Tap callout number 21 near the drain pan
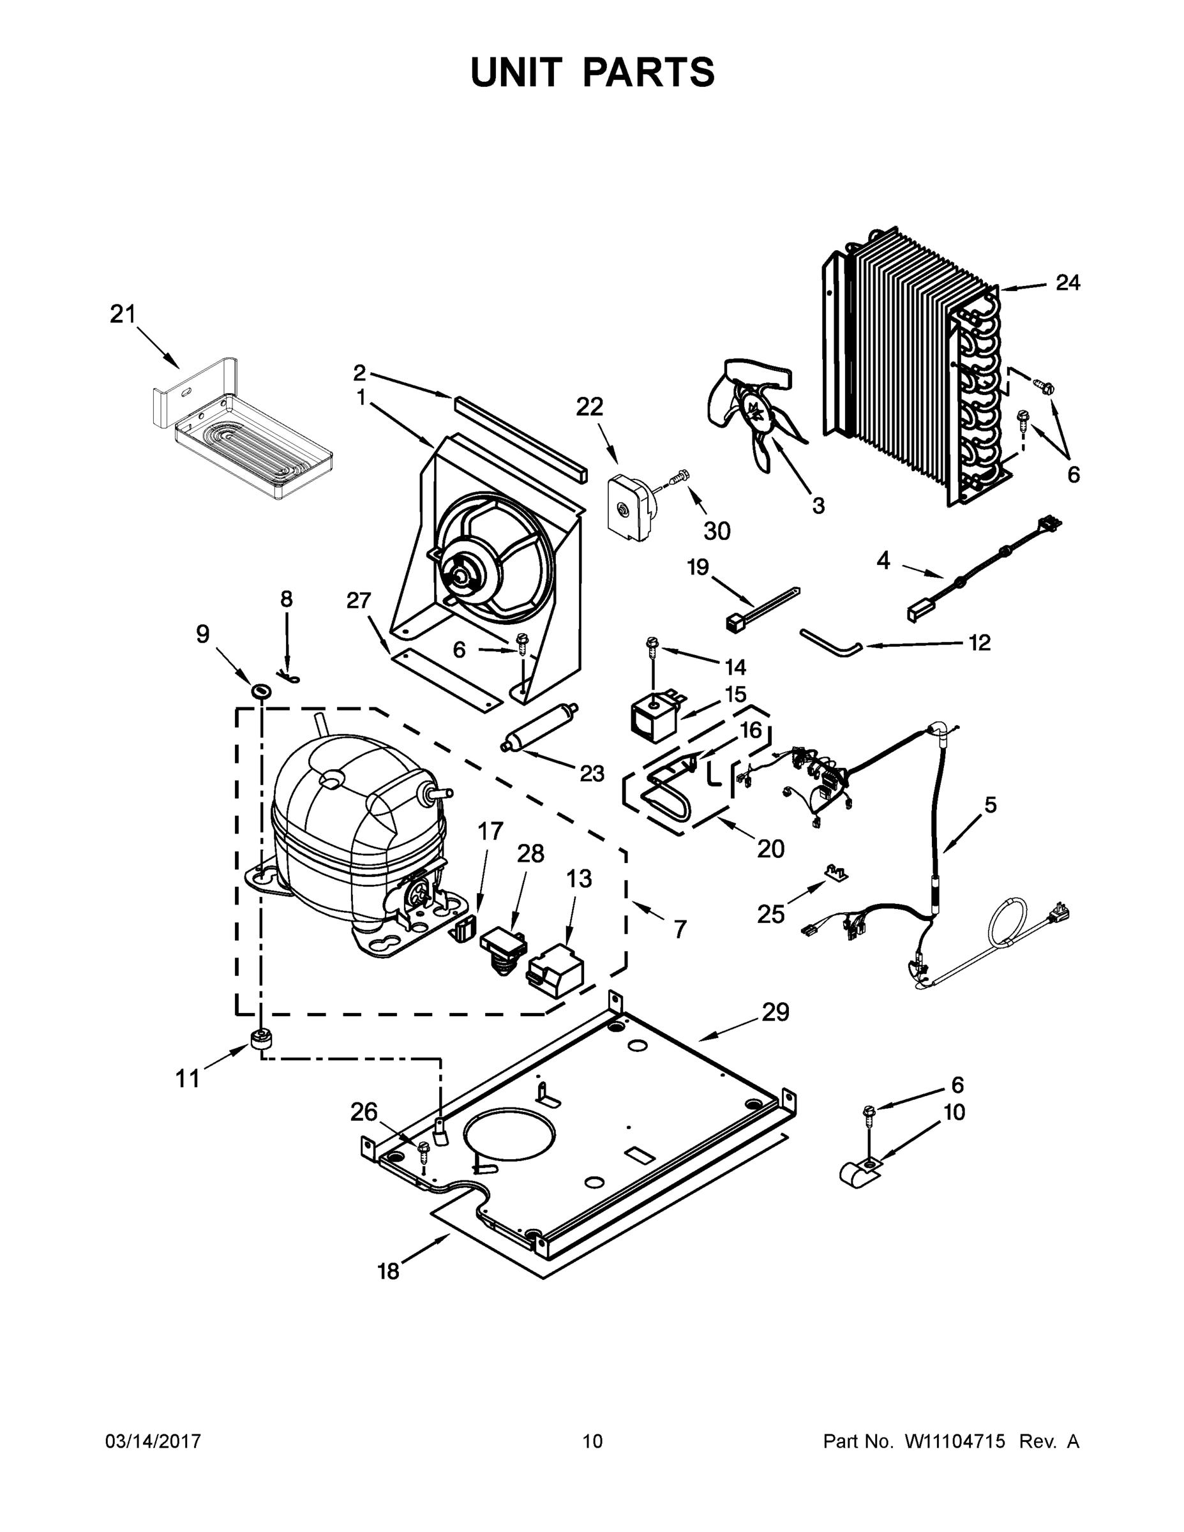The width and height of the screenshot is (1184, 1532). (122, 315)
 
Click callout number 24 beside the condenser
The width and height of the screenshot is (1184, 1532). (1068, 283)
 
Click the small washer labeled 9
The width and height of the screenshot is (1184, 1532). (262, 692)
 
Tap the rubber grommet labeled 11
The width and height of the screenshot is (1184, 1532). (261, 1038)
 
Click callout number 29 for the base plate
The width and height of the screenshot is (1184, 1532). (776, 1012)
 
